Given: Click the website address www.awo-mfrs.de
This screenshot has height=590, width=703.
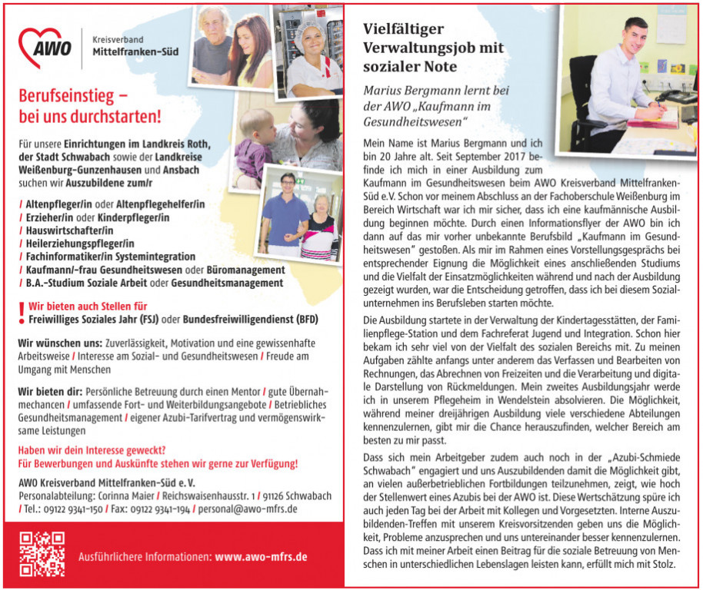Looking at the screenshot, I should tap(262, 557).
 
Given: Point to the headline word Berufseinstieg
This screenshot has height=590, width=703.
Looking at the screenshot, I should tap(68, 97).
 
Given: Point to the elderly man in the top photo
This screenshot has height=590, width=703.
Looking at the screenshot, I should tap(212, 46).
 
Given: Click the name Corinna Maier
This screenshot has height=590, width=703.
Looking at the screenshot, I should tap(122, 496).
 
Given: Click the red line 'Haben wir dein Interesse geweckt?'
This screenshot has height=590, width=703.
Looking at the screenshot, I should tap(92, 450).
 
